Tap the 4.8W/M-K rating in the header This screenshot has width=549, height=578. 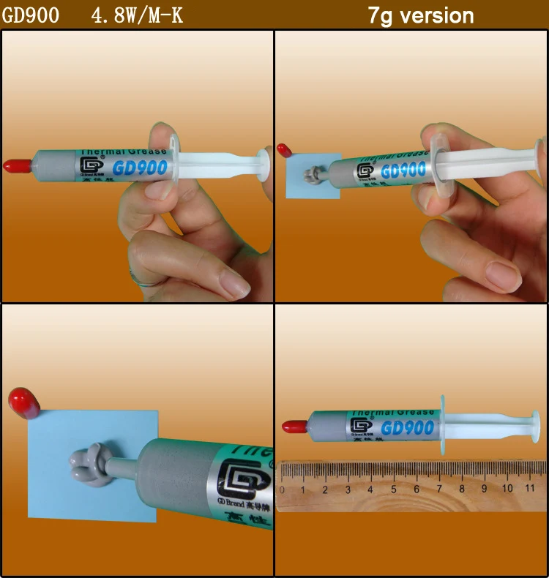(137, 15)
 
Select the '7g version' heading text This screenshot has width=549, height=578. (420, 15)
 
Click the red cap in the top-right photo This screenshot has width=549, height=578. (285, 151)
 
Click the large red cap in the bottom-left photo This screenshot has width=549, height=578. (23, 403)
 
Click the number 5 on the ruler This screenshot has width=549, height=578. (394, 489)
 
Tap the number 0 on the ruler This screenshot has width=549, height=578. (282, 489)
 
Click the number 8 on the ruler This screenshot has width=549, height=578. (462, 489)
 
